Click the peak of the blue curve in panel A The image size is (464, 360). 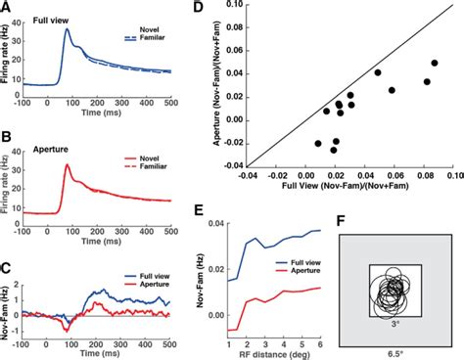67,29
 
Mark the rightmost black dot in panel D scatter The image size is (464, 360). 434,63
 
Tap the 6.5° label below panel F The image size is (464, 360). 394,351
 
